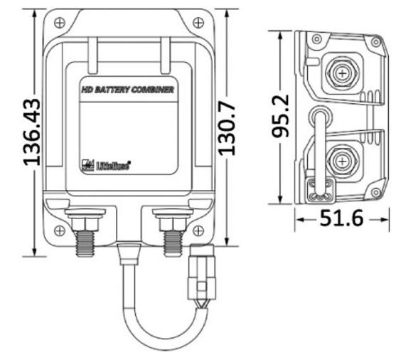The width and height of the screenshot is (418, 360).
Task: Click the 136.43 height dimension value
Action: tap(31, 132)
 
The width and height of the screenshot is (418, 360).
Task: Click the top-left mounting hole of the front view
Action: tap(60, 22)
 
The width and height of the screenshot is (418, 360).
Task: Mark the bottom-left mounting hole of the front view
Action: tap(60, 230)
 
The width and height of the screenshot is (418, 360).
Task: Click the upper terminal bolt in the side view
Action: tap(343, 73)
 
